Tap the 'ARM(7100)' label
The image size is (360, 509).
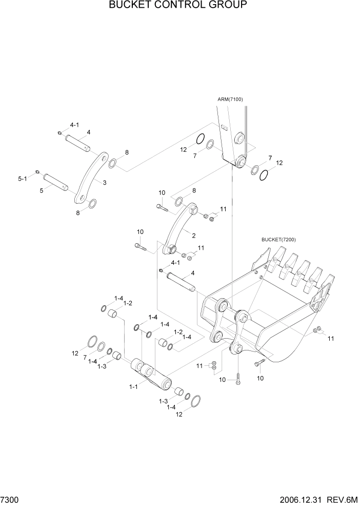[232, 100]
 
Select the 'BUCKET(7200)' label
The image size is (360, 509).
[278, 240]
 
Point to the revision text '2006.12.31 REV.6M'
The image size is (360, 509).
[316, 499]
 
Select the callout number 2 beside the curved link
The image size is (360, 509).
[193, 236]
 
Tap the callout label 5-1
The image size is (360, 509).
[22, 179]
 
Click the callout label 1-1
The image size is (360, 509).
[133, 387]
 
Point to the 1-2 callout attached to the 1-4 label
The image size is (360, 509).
[127, 303]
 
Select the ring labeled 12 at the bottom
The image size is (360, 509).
[195, 401]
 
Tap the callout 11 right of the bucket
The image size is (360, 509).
[331, 338]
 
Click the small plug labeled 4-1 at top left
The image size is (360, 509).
[60, 133]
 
